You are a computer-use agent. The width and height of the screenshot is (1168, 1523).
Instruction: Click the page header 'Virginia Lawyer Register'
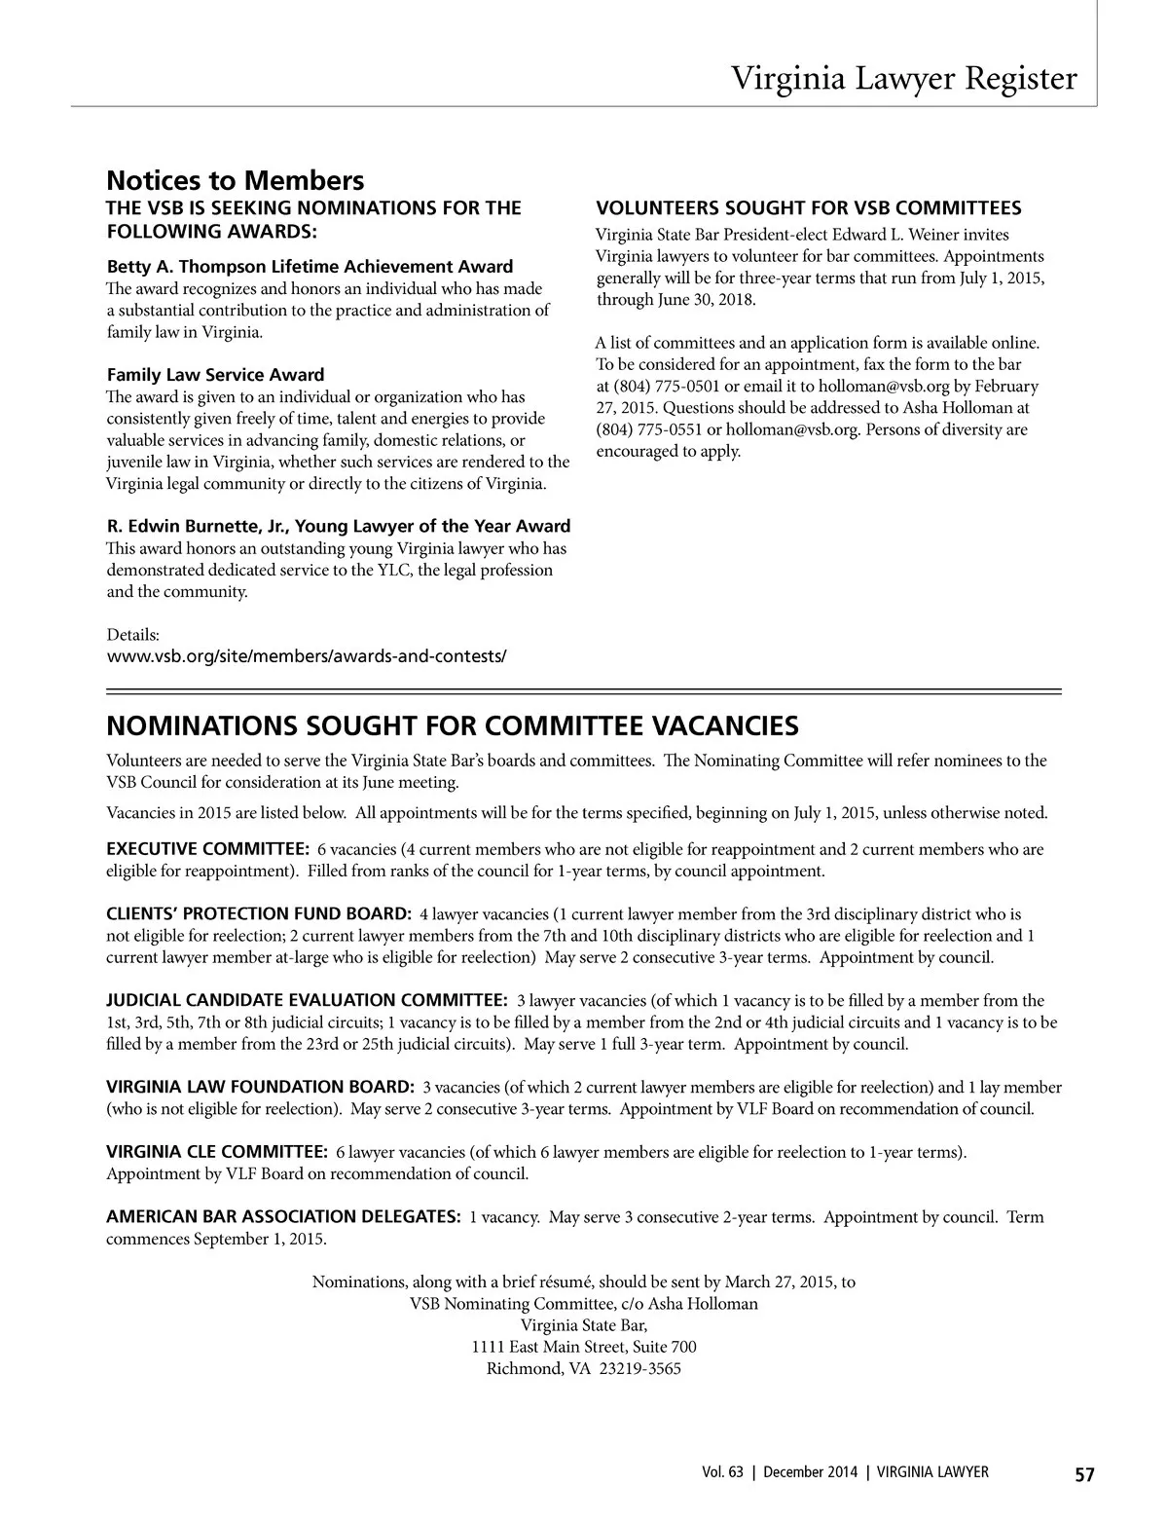point(904,78)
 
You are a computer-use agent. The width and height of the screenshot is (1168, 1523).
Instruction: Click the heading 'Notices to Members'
point(235,181)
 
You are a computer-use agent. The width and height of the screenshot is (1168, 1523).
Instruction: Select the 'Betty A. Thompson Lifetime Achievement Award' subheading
point(310,267)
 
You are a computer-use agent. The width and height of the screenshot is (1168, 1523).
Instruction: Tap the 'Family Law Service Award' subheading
point(215,375)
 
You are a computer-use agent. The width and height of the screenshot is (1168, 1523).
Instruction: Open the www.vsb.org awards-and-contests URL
point(306,655)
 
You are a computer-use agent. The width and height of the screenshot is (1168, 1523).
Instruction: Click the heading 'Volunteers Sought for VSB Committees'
point(808,208)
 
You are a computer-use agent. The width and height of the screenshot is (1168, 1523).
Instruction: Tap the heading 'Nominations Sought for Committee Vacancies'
point(452,726)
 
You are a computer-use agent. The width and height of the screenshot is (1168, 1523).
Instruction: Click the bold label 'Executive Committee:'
point(207,849)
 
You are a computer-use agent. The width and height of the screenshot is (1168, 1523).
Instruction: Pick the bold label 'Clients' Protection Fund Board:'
point(258,914)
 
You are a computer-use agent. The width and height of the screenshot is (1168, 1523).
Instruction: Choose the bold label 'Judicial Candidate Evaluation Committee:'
point(306,1000)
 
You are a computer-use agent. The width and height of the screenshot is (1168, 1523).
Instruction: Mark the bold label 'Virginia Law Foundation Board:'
point(260,1087)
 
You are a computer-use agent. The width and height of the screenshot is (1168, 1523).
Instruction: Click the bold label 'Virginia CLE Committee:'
point(216,1152)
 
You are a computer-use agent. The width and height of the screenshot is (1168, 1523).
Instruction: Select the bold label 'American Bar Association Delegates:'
point(282,1217)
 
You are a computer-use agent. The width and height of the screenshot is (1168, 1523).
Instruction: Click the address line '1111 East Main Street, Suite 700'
point(584,1347)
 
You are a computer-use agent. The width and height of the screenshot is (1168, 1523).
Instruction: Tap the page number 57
point(1084,1473)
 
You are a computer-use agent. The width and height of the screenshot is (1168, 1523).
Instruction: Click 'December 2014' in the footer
point(810,1473)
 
